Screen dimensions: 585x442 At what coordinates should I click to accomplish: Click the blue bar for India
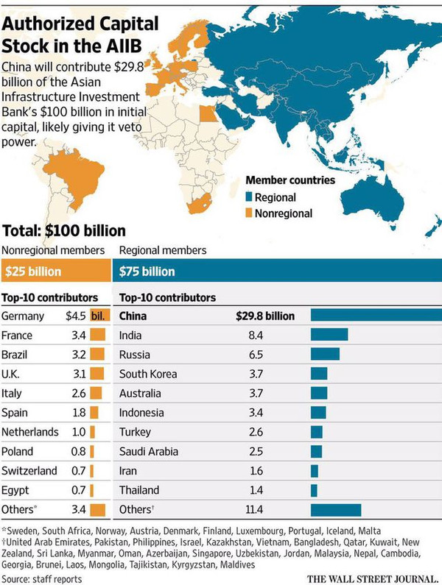coord(329,335)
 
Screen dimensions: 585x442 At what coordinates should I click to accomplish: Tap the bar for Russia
coord(325,354)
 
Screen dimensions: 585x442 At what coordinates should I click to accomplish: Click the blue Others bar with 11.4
coord(336,509)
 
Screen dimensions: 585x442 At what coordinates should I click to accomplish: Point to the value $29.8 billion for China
coord(265,316)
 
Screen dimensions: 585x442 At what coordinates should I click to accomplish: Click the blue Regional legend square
coord(250,197)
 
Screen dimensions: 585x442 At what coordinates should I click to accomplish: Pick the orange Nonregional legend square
coord(250,213)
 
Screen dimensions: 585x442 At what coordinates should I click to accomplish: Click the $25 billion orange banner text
coord(33,272)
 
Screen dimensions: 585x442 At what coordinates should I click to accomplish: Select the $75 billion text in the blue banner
coord(147,272)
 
